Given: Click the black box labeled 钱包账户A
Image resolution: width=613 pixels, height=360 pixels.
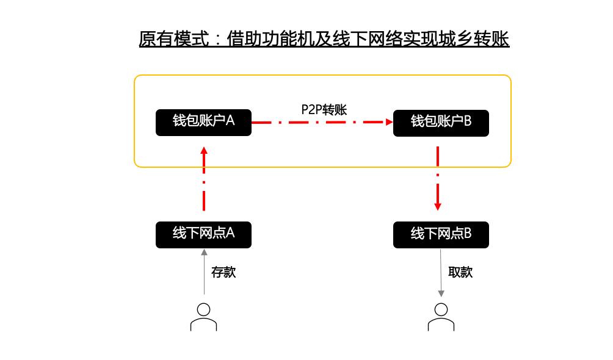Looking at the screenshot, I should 203,122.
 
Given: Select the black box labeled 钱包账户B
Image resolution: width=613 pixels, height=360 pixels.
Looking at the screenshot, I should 441,123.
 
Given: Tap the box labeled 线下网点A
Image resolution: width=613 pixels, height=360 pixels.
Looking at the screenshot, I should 203,234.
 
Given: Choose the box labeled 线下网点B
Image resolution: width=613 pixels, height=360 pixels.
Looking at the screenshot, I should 441,235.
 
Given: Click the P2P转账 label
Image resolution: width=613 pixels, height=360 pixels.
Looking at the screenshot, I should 324,110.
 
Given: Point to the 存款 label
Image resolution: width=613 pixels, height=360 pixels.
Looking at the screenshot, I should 223,272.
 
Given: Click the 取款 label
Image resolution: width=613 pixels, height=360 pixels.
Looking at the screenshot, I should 460,272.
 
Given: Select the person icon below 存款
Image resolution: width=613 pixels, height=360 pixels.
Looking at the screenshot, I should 203,317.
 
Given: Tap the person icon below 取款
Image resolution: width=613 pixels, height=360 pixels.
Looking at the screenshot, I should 441,317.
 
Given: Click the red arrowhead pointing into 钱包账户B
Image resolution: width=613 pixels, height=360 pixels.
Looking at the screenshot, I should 388,122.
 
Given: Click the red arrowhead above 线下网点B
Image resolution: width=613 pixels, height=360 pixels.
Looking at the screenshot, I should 438,206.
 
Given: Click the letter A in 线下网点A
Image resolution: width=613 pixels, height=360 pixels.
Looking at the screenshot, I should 230,233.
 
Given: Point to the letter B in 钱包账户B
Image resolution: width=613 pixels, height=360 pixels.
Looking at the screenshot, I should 468,121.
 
